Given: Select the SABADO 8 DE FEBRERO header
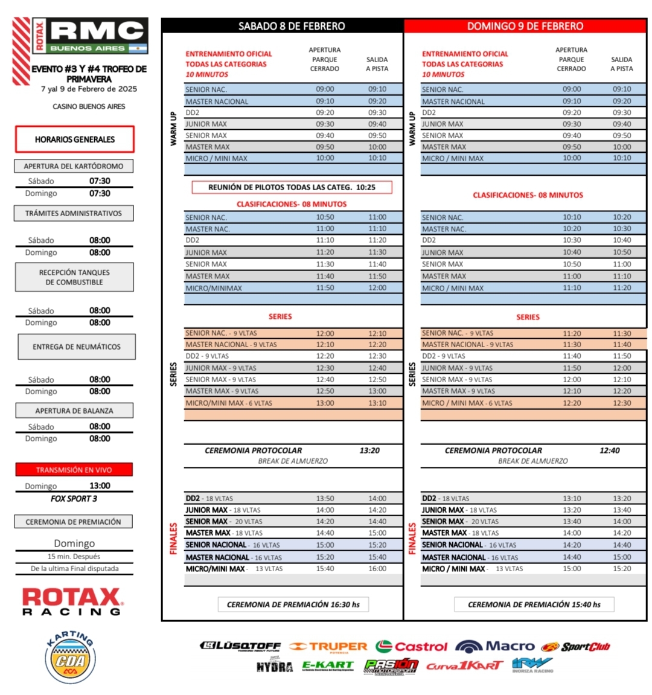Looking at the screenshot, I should coord(291,26).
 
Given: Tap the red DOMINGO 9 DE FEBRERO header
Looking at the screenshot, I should coord(525,26).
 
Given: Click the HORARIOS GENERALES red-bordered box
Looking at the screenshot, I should coord(74,139).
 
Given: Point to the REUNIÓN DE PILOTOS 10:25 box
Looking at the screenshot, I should coord(292,187).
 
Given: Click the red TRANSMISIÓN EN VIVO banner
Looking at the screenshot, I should coord(74,470).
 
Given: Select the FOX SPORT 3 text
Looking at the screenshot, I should coord(74,499).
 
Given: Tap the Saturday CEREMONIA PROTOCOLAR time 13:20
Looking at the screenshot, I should coord(369,450).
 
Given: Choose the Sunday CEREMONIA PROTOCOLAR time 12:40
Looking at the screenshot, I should coord(609,450).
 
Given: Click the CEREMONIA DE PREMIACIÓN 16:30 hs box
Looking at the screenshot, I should coord(293,604).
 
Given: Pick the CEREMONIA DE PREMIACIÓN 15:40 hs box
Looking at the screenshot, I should coord(534,604).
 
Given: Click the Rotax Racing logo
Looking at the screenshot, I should coord(72,601).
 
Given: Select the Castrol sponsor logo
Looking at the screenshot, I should coord(411,647).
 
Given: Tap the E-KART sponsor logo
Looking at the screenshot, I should coord(328,665).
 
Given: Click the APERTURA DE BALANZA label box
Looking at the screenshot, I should coord(74,411).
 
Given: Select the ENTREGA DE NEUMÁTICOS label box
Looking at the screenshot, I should coord(76,347).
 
